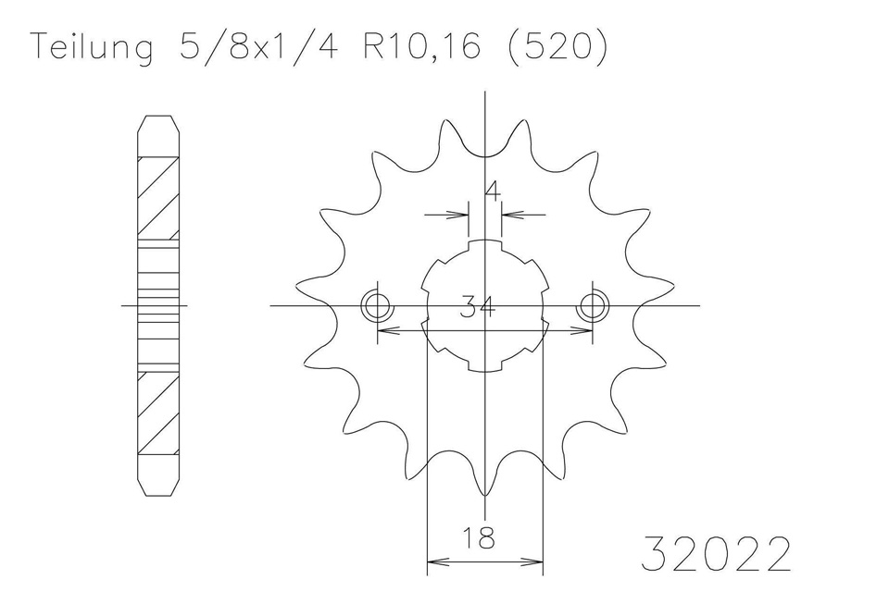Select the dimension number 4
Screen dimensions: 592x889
[493, 192]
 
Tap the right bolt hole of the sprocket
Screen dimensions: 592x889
[593, 305]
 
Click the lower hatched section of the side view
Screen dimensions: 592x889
[157, 411]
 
